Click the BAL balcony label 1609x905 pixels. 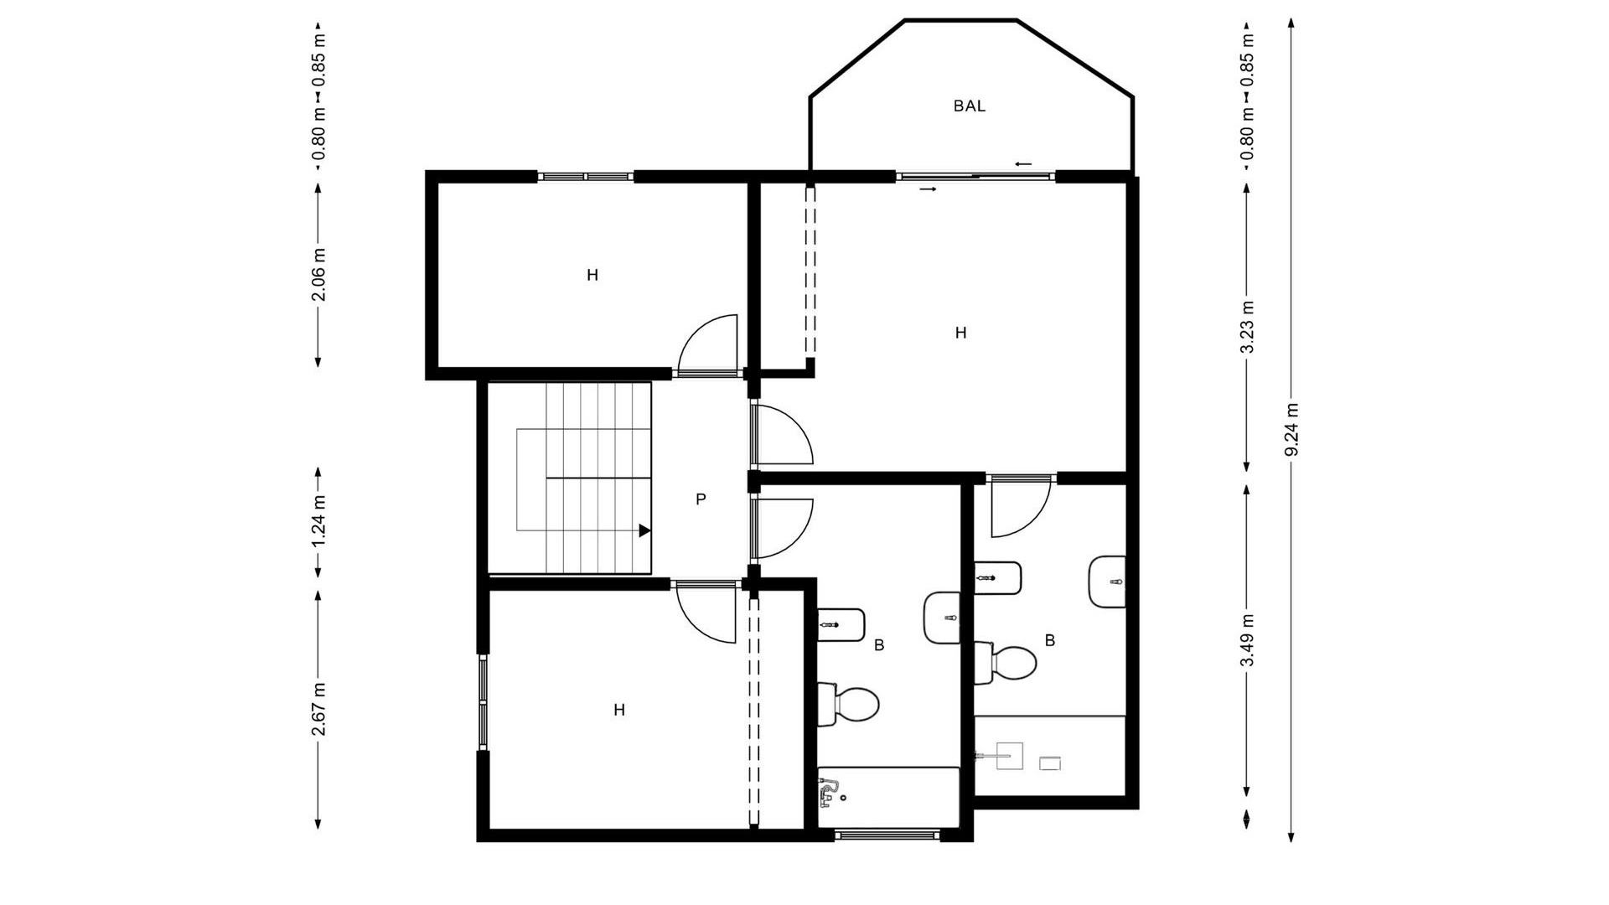tap(969, 106)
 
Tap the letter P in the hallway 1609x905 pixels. tap(701, 500)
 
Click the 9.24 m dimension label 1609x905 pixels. tap(1291, 430)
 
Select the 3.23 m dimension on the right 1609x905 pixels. tap(1247, 327)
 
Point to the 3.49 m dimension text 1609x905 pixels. tap(1247, 639)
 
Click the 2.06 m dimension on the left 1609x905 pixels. tap(318, 275)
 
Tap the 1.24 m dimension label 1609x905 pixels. tap(318, 522)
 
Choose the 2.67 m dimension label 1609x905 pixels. tap(318, 709)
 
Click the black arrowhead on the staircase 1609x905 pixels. tap(644, 530)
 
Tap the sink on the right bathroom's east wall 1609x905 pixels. tap(1108, 582)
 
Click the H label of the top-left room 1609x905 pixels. tap(592, 275)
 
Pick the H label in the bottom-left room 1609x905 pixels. tap(619, 711)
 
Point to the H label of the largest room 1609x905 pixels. tap(960, 334)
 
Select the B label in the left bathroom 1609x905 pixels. tap(879, 645)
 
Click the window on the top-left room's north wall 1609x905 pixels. tap(585, 177)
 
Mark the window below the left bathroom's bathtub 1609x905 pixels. tap(887, 834)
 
